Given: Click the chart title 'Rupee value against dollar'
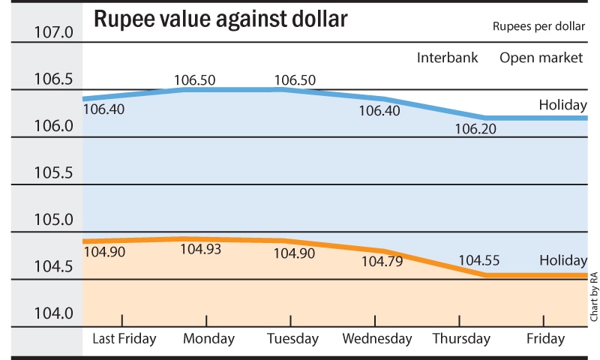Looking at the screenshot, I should pyautogui.click(x=220, y=20).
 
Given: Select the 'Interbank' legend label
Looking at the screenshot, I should pyautogui.click(x=448, y=57).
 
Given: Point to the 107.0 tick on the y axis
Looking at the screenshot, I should pyautogui.click(x=52, y=33).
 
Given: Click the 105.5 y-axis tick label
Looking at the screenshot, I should pyautogui.click(x=52, y=173).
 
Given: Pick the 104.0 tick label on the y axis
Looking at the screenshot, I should pyautogui.click(x=52, y=313).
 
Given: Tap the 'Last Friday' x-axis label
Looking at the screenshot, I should pyautogui.click(x=124, y=339).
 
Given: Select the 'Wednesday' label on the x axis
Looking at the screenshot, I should pyautogui.click(x=377, y=339).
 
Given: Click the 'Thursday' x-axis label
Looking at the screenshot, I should pyautogui.click(x=461, y=339).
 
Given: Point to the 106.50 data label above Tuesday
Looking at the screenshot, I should pyautogui.click(x=295, y=79).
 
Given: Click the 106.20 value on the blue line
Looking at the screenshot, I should pyautogui.click(x=475, y=128).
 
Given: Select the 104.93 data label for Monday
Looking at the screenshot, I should pyautogui.click(x=201, y=248).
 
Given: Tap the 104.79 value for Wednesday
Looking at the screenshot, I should pyautogui.click(x=382, y=262).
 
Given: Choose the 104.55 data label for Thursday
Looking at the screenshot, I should pyautogui.click(x=479, y=261).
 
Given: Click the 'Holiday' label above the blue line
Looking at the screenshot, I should pyautogui.click(x=562, y=105).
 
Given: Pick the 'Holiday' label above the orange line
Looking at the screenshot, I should pyautogui.click(x=562, y=261).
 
